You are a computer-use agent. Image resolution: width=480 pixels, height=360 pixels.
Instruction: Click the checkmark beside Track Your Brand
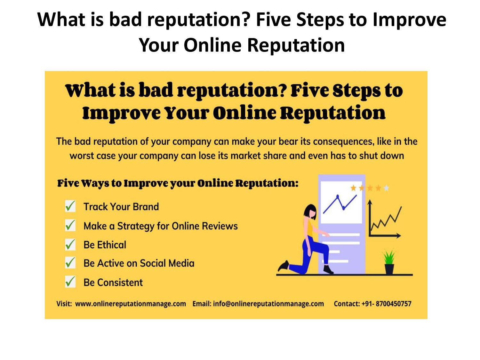click(70, 206)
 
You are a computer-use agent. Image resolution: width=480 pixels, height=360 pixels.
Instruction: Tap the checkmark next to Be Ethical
click(70, 244)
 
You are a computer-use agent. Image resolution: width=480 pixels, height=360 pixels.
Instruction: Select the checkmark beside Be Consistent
click(70, 282)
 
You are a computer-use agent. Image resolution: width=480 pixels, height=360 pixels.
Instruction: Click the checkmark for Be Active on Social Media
click(70, 263)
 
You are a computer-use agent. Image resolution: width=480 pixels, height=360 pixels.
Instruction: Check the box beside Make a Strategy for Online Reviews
click(70, 225)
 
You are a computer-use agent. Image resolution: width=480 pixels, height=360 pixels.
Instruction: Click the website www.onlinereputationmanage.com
click(130, 304)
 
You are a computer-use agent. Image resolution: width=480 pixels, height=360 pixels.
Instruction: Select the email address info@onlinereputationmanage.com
click(268, 304)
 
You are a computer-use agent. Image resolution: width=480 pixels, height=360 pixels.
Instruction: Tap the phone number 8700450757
click(393, 304)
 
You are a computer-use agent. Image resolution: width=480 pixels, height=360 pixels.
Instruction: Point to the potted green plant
click(389, 262)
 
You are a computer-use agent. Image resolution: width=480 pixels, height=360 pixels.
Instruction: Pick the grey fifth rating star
click(386, 188)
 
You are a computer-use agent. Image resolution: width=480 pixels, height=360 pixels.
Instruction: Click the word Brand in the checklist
click(146, 207)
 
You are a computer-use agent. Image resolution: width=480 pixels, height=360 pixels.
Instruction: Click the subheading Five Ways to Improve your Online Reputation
click(178, 183)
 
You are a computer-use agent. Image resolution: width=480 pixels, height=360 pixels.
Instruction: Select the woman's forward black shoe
click(328, 269)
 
